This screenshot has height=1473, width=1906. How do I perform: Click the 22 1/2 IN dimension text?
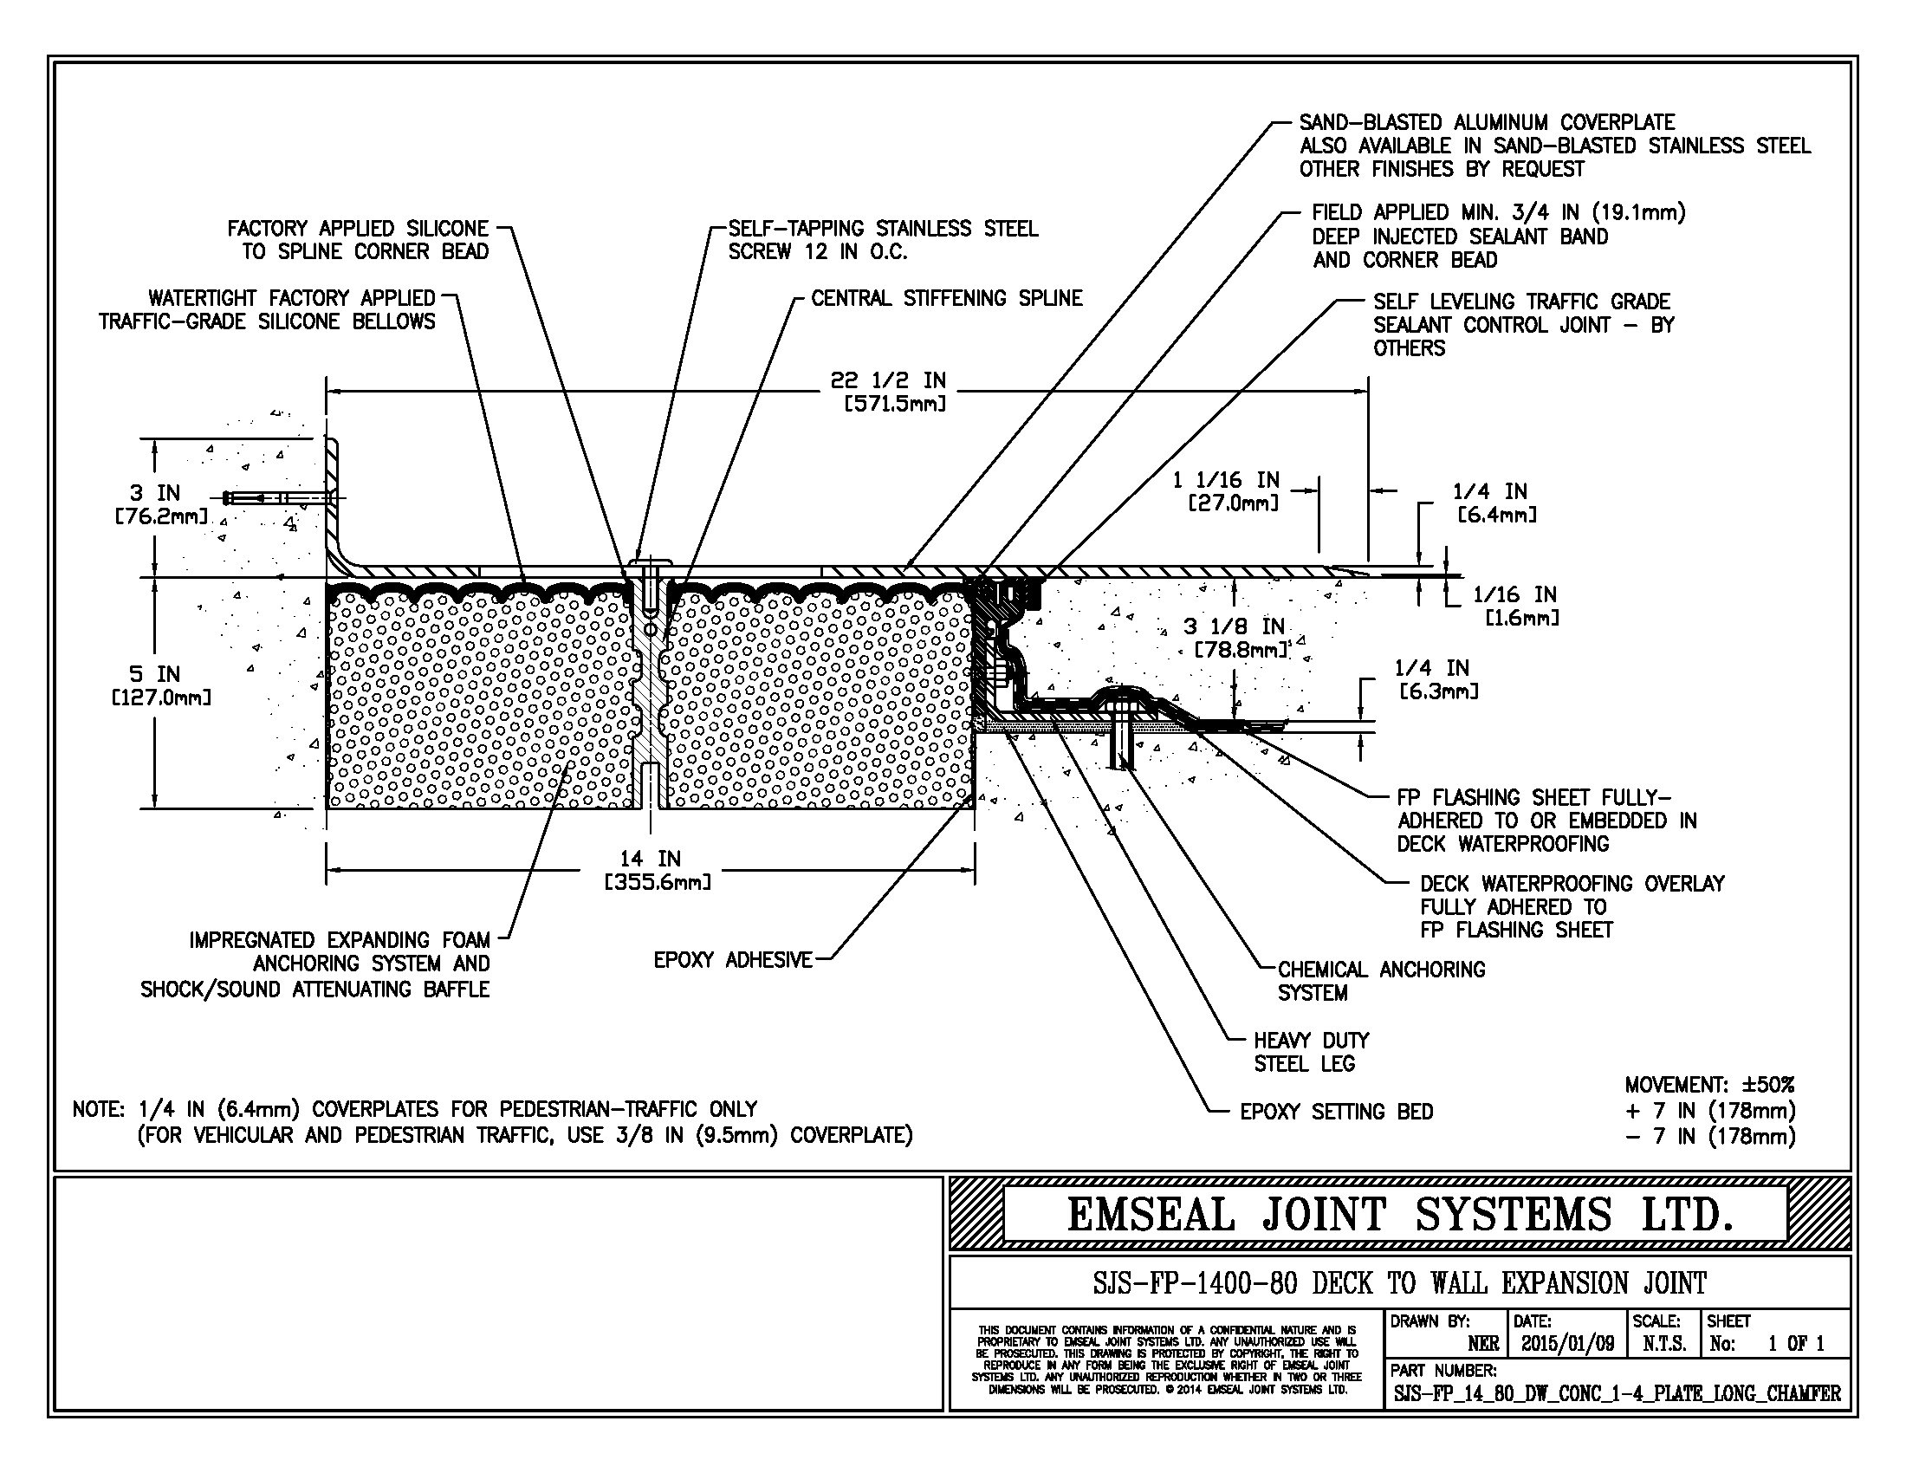(x=887, y=381)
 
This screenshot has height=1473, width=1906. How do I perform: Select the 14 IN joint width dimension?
(x=650, y=859)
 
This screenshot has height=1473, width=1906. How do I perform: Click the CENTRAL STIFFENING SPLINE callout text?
(x=946, y=298)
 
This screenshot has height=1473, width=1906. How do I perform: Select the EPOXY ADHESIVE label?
(x=732, y=960)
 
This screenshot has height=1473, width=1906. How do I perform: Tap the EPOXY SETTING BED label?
(x=1336, y=1112)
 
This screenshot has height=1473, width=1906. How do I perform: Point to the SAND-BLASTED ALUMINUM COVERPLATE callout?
(x=1486, y=123)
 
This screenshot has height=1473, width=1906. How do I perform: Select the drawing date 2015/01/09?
(x=1567, y=1344)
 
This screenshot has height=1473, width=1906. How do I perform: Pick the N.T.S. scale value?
(x=1664, y=1344)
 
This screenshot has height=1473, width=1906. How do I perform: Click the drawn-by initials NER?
(x=1482, y=1344)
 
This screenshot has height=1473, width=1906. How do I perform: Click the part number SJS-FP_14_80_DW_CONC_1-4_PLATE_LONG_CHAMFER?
(x=1617, y=1393)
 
